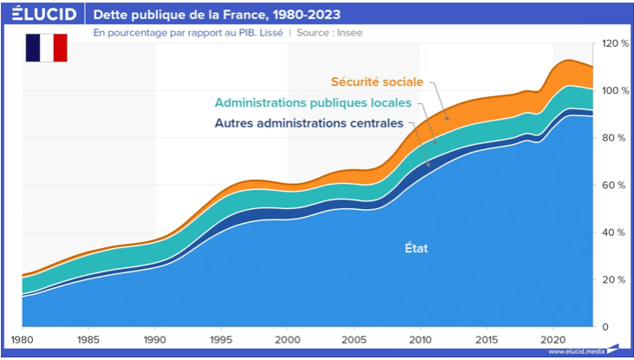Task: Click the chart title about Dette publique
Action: pos(217,15)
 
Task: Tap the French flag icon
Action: pos(46,49)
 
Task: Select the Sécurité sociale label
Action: pos(377,82)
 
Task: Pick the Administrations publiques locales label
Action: pos(319,102)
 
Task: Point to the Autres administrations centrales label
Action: pos(309,123)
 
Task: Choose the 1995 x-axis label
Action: pos(221,340)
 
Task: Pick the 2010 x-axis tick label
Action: pos(422,340)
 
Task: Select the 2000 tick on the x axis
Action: pos(288,340)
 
